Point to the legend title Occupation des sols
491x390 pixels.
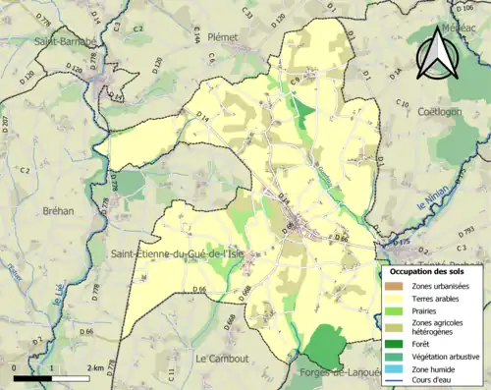point(429,270)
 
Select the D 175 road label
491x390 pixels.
point(402,240)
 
